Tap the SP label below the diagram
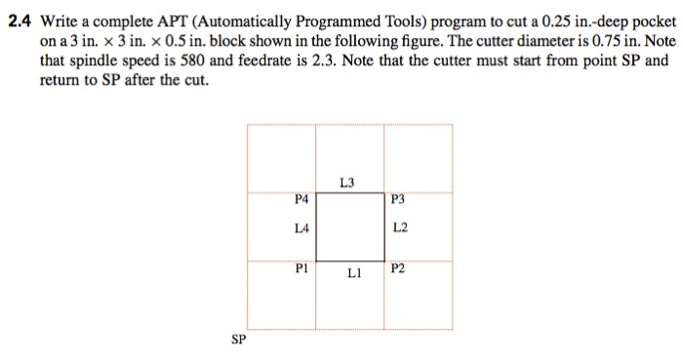pyautogui.click(x=239, y=340)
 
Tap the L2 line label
pyautogui.click(x=398, y=230)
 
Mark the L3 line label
pyautogui.click(x=348, y=182)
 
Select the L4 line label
pyautogui.click(x=301, y=230)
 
